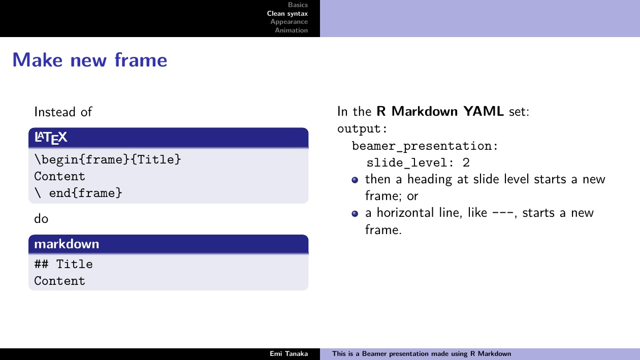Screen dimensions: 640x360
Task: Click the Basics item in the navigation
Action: click(x=298, y=5)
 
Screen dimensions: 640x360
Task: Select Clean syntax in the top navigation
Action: click(x=287, y=13)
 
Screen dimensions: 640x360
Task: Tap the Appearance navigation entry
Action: click(x=289, y=22)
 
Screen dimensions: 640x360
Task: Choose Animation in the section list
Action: click(x=291, y=30)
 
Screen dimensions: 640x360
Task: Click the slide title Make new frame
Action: click(x=90, y=60)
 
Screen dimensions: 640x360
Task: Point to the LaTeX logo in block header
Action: click(x=51, y=138)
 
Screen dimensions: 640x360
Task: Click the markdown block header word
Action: click(x=67, y=244)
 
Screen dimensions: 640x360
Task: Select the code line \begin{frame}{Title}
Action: click(x=108, y=159)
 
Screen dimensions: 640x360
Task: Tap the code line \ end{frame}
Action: click(x=78, y=193)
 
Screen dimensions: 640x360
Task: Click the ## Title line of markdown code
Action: click(x=63, y=264)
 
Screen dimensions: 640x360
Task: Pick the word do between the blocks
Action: click(x=41, y=219)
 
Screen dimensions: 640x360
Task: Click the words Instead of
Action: click(x=63, y=112)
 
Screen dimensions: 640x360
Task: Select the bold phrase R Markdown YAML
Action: click(x=440, y=111)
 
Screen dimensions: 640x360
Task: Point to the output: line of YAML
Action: click(x=362, y=129)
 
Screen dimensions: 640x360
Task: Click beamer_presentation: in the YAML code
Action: click(x=425, y=146)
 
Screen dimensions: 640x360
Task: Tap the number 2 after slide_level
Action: click(x=466, y=163)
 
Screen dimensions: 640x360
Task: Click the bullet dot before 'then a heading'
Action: click(x=355, y=180)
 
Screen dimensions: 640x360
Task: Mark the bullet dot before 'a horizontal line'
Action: click(x=355, y=214)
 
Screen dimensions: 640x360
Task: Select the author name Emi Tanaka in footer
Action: click(x=289, y=354)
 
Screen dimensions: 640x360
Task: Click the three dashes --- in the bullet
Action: click(x=503, y=213)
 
